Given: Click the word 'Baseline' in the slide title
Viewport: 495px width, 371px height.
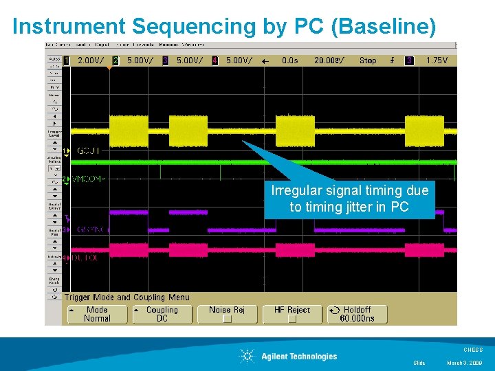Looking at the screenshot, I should (392, 26).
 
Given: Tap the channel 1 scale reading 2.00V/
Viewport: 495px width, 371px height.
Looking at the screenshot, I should (91, 60).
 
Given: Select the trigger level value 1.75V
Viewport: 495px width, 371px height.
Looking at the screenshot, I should (437, 60).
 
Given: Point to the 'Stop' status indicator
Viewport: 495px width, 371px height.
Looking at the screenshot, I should (368, 60).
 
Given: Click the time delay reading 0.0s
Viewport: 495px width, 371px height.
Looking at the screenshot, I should (290, 60).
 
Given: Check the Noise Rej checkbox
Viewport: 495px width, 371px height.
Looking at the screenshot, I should (227, 319).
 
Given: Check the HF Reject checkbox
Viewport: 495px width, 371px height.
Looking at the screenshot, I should (292, 319).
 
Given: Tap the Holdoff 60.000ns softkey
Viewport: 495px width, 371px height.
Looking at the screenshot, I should (357, 315).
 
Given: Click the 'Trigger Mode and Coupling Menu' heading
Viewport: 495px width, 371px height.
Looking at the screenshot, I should (126, 297).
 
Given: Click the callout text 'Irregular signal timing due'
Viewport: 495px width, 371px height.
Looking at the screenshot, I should (349, 191).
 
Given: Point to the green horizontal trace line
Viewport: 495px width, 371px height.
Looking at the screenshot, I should (206, 162).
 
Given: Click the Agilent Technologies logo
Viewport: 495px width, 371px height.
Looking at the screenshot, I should (289, 356).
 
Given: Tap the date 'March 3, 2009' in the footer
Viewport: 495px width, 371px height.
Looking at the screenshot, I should (465, 363).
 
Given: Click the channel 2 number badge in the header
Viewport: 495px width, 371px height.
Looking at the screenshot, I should (115, 60).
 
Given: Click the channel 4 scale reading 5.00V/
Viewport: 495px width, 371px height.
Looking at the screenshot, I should (239, 60).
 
